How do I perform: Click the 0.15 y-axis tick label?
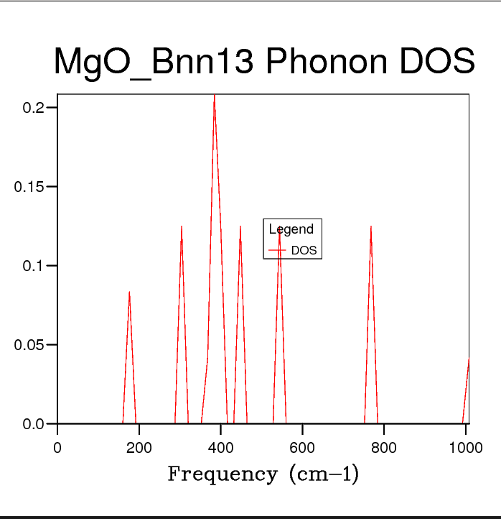(x=30, y=187)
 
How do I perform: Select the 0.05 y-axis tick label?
(x=30, y=345)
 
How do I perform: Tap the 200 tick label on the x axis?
(x=139, y=447)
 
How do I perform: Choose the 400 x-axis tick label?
(x=220, y=447)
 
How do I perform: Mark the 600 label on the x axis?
(x=302, y=447)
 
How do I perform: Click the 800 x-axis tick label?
(x=384, y=447)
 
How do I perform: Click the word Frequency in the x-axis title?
(x=222, y=474)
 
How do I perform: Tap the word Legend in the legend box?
(x=291, y=229)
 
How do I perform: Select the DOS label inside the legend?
(x=304, y=251)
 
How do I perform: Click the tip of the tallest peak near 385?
(x=214, y=95)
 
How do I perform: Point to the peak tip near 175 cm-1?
(x=129, y=291)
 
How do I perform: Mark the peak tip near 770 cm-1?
(x=371, y=226)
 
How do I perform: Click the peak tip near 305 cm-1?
(x=182, y=226)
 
